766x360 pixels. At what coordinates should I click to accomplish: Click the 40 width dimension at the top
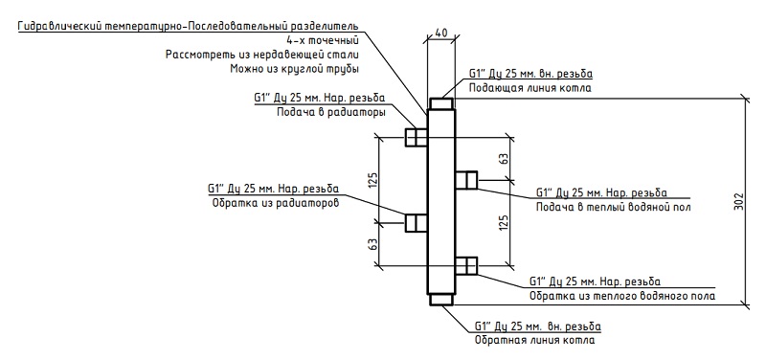441,33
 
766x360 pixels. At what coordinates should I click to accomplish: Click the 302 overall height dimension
738,201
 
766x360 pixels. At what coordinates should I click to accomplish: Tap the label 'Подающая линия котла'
530,88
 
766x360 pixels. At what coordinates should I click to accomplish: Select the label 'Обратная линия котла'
535,340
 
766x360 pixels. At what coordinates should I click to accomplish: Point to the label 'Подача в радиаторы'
331,112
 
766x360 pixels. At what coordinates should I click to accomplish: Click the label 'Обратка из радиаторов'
275,203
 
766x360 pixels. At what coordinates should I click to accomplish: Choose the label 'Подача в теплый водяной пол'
613,207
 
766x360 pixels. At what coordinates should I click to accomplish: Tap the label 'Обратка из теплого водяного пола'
622,297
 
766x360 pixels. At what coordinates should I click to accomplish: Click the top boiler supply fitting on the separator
441,104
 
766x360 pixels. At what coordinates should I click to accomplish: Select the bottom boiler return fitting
441,299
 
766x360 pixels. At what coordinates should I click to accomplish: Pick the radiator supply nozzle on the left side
417,137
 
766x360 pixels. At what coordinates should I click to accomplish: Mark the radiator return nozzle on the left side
417,223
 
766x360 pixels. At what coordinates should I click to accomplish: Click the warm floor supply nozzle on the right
466,180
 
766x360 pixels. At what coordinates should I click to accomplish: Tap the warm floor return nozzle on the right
466,266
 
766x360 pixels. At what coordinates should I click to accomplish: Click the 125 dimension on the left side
373,180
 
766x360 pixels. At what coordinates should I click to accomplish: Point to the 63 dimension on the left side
373,244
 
